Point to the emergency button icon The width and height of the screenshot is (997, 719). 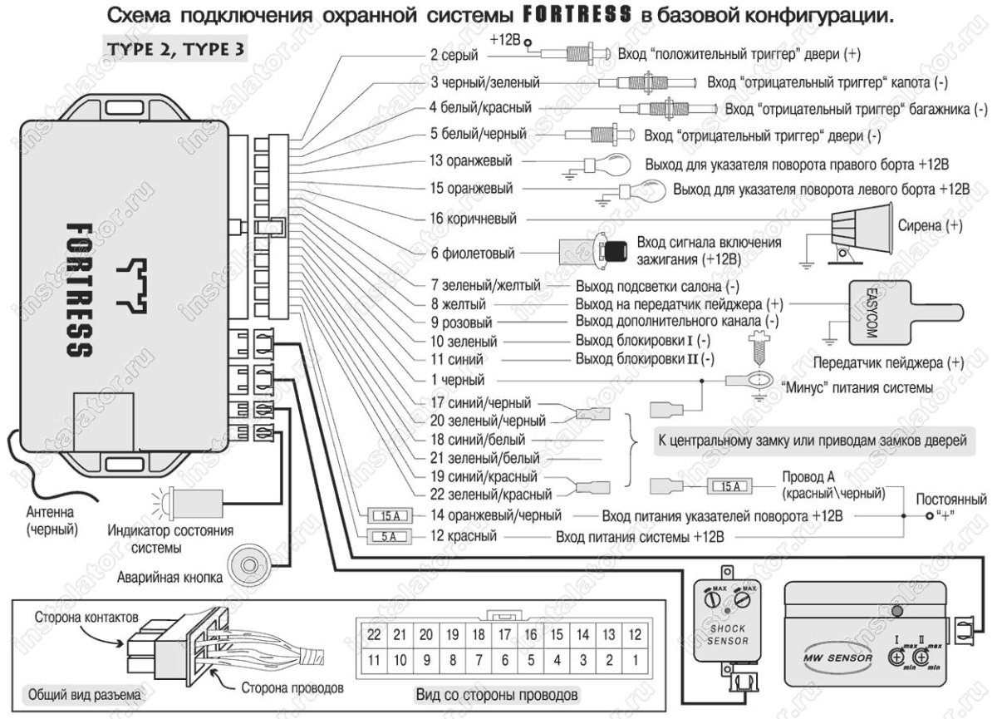tap(247, 565)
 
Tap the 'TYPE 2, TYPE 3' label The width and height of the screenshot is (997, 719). tap(174, 47)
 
